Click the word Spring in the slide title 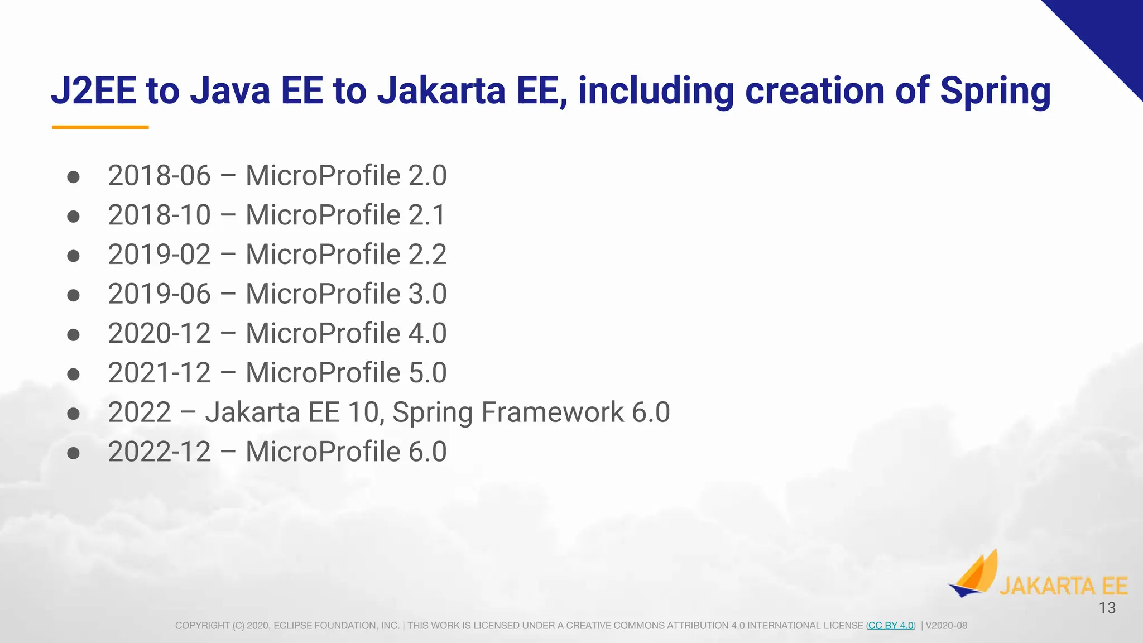[x=995, y=91]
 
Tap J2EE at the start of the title [x=94, y=91]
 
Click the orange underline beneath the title [x=100, y=127]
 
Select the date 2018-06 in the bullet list [x=159, y=176]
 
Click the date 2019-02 [x=159, y=255]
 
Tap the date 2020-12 [x=159, y=334]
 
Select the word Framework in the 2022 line [x=552, y=412]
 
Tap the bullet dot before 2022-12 [x=73, y=453]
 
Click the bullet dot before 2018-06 [x=73, y=177]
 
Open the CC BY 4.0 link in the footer [x=891, y=626]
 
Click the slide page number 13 [x=1107, y=608]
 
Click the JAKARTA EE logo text [x=1063, y=587]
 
